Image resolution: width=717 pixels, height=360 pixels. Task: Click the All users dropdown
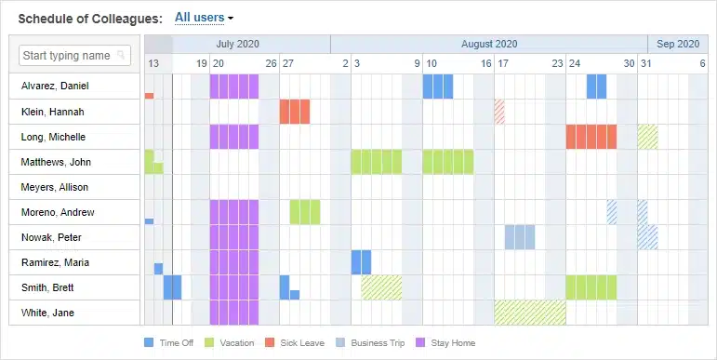(x=204, y=18)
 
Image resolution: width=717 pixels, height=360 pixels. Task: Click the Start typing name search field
(x=74, y=56)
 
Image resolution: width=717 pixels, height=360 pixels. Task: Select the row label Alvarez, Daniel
(x=56, y=87)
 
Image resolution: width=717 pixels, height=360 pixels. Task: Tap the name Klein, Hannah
(x=53, y=112)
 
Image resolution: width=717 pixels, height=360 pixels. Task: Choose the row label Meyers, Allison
(x=55, y=187)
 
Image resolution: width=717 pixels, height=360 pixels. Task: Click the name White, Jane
(x=48, y=313)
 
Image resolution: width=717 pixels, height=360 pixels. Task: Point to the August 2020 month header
(x=489, y=44)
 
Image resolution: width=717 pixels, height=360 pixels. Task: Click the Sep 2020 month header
(x=677, y=44)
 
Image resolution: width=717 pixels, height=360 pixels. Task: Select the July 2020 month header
(x=238, y=44)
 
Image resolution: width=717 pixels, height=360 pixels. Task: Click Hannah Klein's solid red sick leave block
(x=295, y=112)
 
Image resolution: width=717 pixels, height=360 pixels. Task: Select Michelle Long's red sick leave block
(x=591, y=137)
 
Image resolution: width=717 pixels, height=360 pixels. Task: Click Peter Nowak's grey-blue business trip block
(x=520, y=237)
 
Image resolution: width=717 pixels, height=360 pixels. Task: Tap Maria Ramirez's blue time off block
(x=361, y=262)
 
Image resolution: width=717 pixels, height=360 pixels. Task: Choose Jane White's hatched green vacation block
(x=530, y=312)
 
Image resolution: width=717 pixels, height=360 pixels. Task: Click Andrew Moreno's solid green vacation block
(x=305, y=212)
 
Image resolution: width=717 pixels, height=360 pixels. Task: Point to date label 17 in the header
(x=502, y=63)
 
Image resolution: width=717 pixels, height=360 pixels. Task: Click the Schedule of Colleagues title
(x=89, y=18)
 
